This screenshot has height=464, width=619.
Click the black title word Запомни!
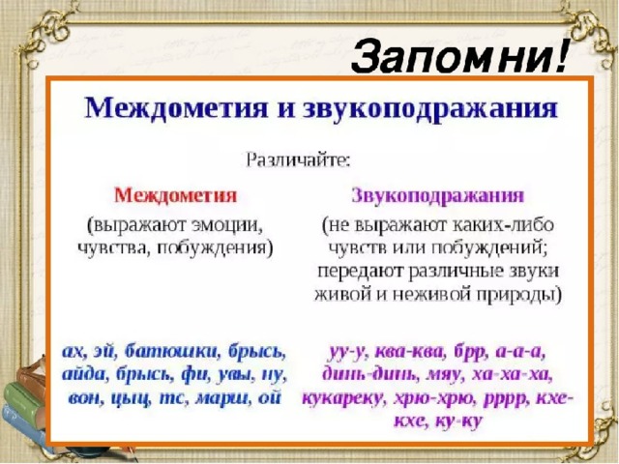click(458, 56)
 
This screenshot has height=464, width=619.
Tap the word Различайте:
click(298, 160)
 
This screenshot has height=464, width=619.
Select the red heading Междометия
click(175, 195)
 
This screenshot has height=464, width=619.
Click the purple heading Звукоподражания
click(437, 195)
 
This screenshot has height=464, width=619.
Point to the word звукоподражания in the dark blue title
click(430, 107)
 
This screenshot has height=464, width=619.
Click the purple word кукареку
click(343, 398)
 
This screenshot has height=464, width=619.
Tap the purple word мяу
click(444, 375)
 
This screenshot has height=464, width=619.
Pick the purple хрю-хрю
click(434, 399)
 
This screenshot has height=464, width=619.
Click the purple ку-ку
click(458, 421)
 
